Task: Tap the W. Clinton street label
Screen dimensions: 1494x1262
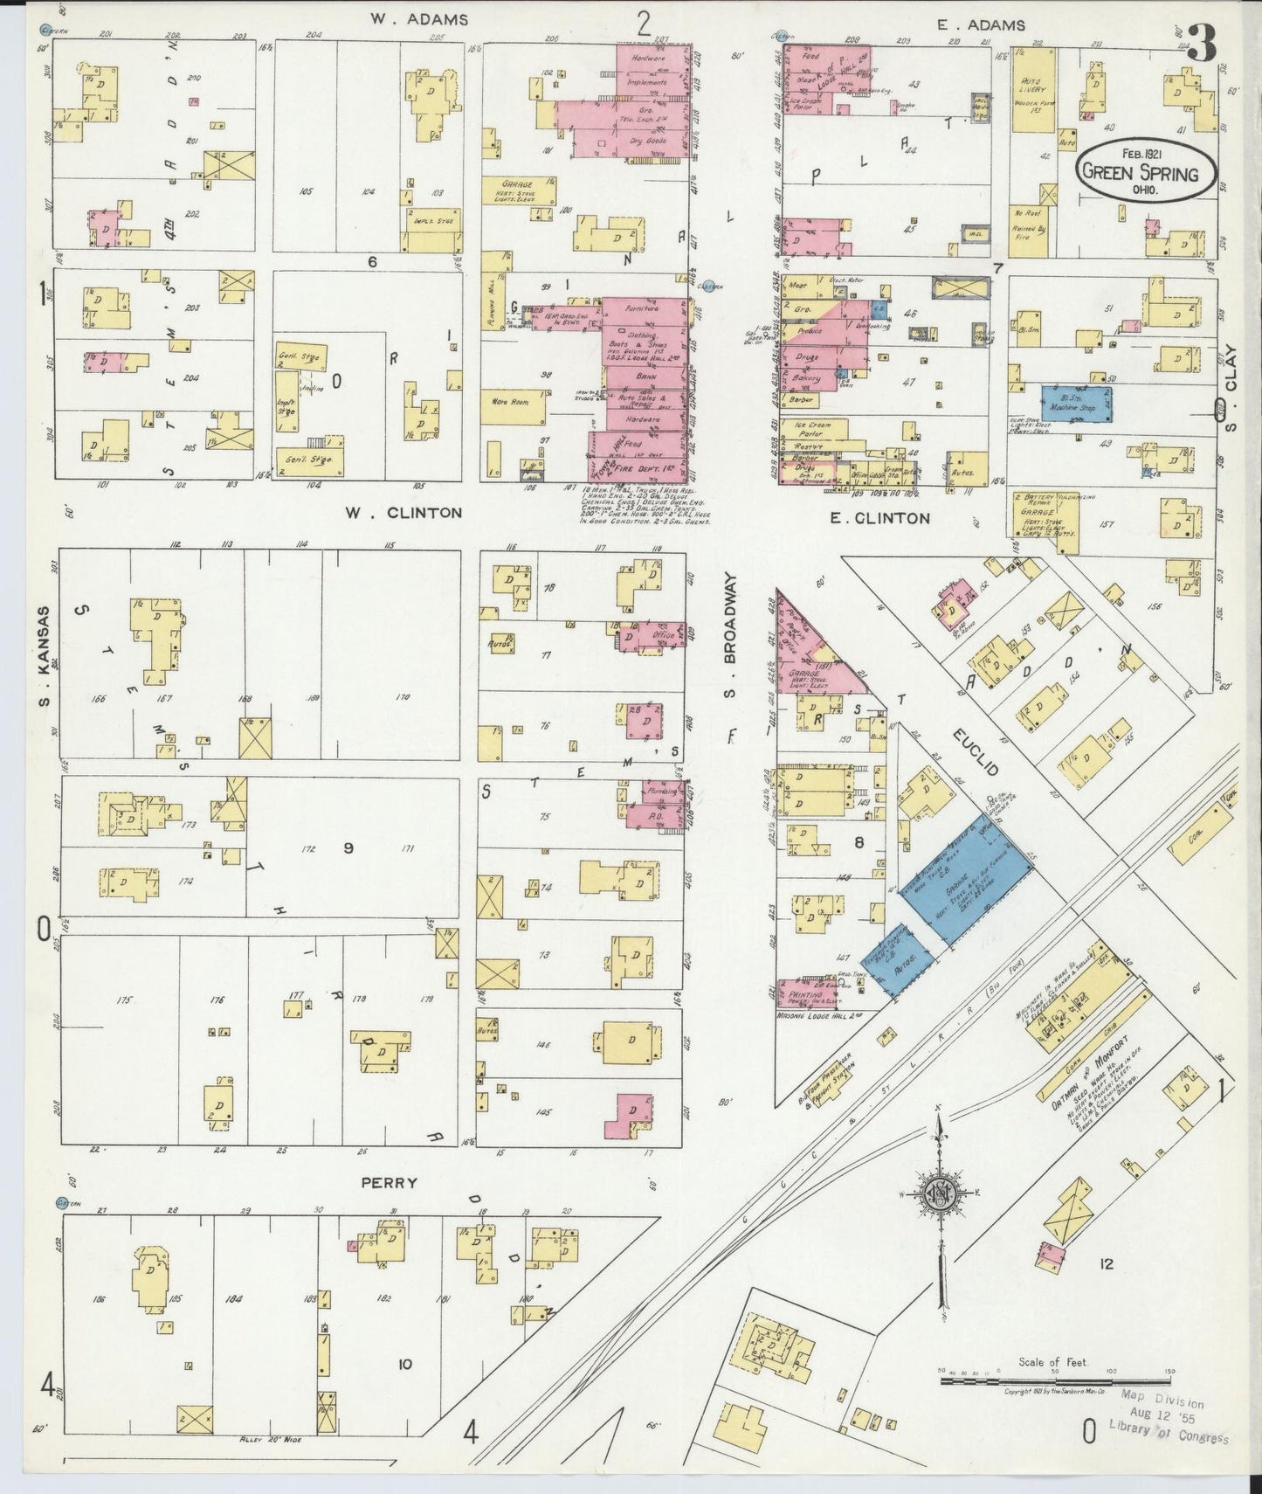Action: tap(403, 513)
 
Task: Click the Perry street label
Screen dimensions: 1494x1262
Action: tap(389, 1183)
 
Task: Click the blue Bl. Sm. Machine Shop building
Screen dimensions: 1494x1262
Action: tap(1075, 405)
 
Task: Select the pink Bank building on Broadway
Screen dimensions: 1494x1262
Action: tap(646, 377)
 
